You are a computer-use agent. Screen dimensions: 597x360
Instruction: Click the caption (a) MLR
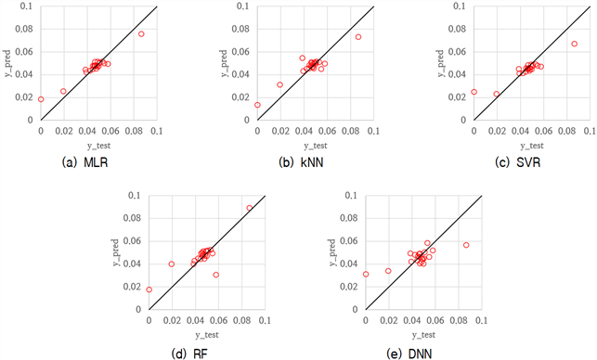click(x=84, y=162)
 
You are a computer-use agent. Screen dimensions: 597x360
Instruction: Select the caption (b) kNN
click(x=301, y=162)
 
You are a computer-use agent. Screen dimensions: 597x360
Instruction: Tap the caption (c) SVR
click(x=517, y=162)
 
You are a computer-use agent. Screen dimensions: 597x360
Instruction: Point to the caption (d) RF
click(x=190, y=354)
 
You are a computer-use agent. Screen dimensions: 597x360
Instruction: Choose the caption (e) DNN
click(x=409, y=354)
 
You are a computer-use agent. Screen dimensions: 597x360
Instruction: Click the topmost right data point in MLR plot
click(x=141, y=34)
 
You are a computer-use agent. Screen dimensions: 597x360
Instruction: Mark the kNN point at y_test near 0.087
click(x=358, y=37)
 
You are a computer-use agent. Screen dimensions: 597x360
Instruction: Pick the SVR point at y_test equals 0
click(x=474, y=92)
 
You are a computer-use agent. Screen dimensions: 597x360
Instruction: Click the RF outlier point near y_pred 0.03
click(x=216, y=275)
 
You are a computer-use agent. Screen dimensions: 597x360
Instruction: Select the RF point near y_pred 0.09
click(x=250, y=208)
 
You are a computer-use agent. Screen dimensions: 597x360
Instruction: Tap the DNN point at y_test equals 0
click(x=366, y=274)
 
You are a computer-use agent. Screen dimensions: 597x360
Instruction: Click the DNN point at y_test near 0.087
click(x=466, y=245)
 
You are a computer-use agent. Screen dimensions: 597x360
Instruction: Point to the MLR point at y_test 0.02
click(x=63, y=91)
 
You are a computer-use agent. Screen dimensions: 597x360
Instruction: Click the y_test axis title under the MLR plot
click(x=99, y=146)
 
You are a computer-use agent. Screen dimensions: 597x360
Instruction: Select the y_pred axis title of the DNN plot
click(x=332, y=252)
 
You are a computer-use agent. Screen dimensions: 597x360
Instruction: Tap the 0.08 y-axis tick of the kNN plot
click(x=240, y=29)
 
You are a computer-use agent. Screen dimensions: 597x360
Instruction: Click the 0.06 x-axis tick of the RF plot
click(x=219, y=320)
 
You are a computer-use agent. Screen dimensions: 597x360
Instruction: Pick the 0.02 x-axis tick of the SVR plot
click(x=497, y=131)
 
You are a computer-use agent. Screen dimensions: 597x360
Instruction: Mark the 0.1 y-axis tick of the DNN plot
click(x=351, y=195)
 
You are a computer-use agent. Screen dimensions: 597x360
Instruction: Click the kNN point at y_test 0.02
click(x=279, y=84)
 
